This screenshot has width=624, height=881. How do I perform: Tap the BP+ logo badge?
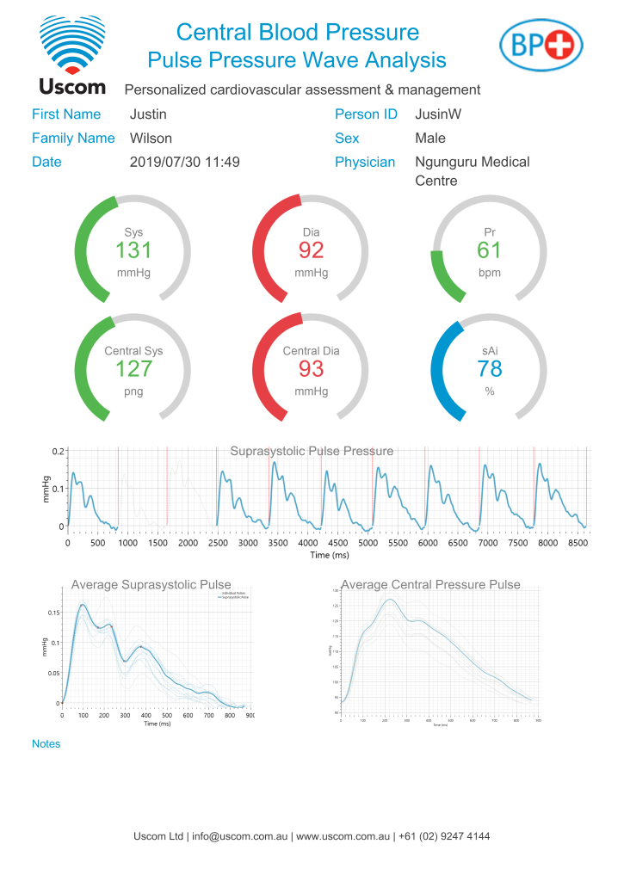542,44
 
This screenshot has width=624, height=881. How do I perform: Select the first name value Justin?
148,114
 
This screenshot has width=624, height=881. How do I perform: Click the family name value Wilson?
151,138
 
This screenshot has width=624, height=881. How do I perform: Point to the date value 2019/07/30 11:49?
184,162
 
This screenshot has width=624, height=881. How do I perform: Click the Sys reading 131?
133,250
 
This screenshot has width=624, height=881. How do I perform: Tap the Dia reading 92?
312,250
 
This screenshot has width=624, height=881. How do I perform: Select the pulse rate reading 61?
489,250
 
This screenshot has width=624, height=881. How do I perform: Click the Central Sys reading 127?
133,369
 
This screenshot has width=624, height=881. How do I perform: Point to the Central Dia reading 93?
312,369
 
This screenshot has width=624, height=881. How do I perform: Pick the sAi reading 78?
489,369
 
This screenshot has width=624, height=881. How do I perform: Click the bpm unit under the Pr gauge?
489,273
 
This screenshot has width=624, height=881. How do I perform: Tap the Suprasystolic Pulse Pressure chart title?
312,451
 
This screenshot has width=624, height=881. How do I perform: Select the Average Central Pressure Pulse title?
430,585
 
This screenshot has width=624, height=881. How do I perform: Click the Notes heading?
46,743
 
